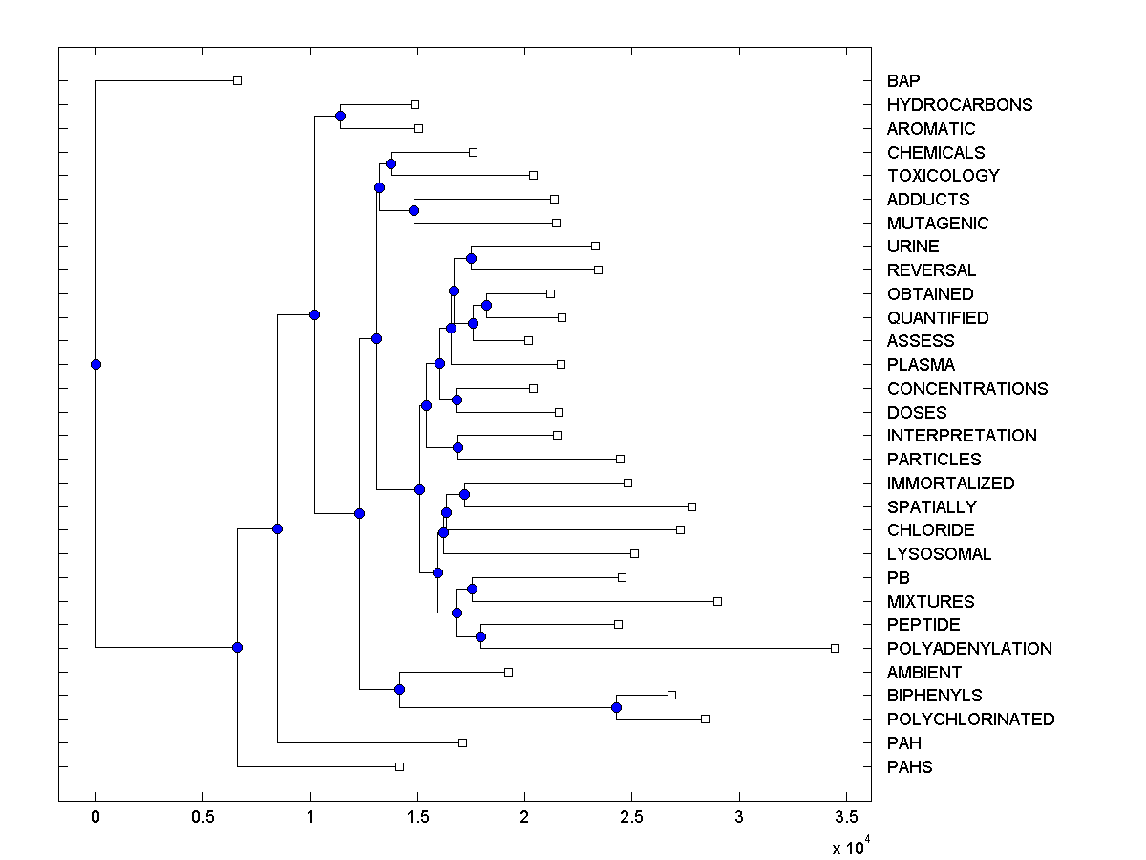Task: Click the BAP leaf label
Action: click(903, 81)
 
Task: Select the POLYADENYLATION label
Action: click(969, 649)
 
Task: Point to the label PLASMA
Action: click(921, 365)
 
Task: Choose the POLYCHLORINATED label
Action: click(970, 720)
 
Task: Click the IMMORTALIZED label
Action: click(950, 484)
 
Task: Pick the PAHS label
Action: click(909, 767)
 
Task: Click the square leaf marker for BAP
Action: click(238, 80)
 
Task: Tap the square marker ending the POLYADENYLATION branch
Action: click(835, 648)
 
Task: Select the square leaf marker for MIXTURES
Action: click(717, 601)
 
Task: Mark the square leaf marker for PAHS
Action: click(399, 766)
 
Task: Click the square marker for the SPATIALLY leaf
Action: click(691, 506)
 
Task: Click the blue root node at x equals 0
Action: click(95, 364)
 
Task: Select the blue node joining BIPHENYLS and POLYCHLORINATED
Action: click(616, 707)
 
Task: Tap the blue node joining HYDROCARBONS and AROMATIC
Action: click(340, 116)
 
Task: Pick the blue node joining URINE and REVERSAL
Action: click(471, 258)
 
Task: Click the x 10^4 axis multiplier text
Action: click(848, 847)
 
